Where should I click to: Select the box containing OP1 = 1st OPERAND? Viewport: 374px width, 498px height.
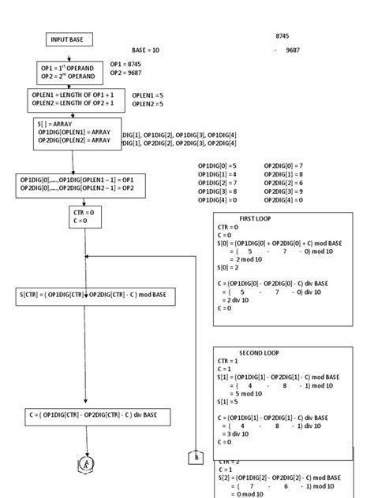coord(69,72)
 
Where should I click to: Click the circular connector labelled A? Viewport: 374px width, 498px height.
coord(84,464)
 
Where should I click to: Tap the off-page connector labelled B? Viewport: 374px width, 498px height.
coord(195,457)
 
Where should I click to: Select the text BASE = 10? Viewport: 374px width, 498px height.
coord(146,50)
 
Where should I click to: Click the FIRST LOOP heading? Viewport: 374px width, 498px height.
coord(256,217)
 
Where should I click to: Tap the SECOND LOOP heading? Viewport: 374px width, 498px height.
coord(258,352)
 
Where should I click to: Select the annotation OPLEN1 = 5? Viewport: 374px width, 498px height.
coord(148,95)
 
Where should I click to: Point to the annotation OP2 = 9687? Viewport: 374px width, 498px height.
coord(125,72)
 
